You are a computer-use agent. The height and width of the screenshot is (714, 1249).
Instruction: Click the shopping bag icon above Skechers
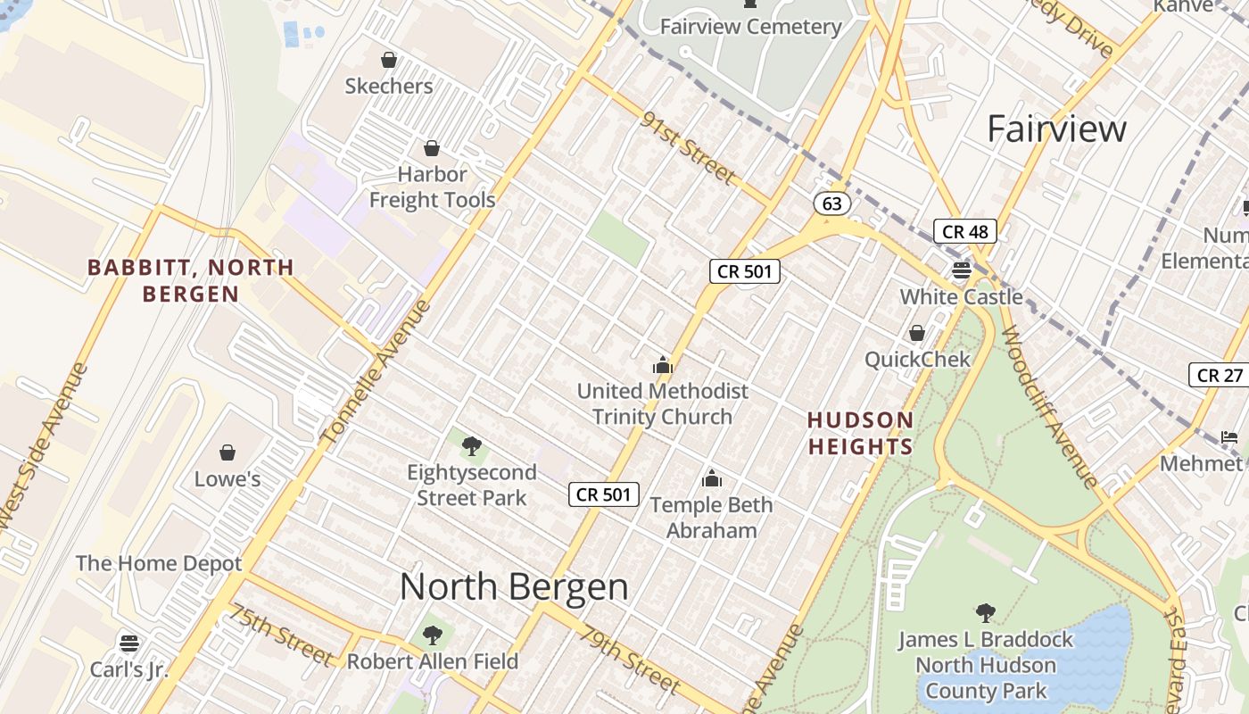coord(389,60)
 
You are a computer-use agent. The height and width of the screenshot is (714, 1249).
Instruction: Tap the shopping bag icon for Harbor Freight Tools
coord(432,147)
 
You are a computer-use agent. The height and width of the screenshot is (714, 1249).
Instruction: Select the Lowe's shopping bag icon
coord(227,452)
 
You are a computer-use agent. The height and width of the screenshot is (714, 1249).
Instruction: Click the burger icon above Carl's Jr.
coord(129,643)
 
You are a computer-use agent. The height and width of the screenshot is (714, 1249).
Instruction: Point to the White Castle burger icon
coord(961,270)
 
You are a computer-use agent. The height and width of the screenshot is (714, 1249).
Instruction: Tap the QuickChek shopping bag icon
coord(916,333)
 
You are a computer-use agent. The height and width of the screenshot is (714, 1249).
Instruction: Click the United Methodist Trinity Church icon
coord(662,364)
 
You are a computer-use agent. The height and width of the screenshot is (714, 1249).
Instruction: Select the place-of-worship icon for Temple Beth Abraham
coord(711,478)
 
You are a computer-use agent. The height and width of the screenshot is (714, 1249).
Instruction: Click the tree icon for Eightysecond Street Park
coord(472,445)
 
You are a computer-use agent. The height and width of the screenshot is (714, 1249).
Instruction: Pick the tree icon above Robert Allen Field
coord(433,635)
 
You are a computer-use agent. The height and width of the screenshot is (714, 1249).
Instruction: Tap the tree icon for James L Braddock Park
coord(986,613)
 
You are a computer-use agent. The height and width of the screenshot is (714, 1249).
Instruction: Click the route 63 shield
coord(831,203)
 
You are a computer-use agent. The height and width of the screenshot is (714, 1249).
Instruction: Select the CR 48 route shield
coord(964,232)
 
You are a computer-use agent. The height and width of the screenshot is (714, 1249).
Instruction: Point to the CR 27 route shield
coord(1219,375)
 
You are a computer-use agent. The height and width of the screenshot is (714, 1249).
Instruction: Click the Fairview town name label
coord(1056,129)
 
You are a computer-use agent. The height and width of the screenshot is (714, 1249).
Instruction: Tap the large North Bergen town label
coord(514,586)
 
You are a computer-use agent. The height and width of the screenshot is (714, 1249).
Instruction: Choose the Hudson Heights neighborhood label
coord(860,433)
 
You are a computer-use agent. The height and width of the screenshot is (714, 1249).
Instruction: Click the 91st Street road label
coord(688,147)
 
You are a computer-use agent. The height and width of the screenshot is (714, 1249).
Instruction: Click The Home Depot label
coord(159,563)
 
